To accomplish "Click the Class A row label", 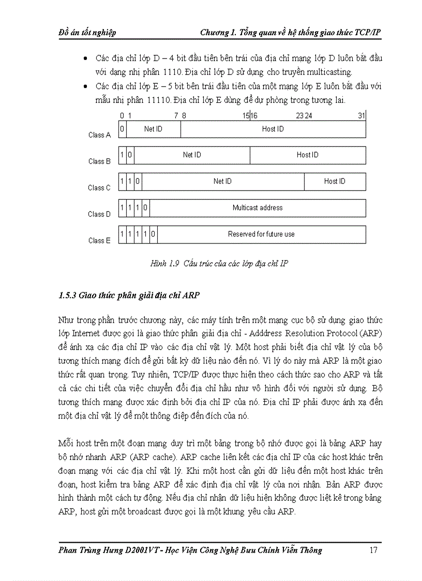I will pos(99,135).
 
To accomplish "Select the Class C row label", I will pos(99,188).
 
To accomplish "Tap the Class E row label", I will pos(99,241).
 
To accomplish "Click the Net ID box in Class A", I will pos(153,129).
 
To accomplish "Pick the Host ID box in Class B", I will pos(308,155).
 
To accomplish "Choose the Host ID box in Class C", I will pos(335,182).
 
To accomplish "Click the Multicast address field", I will pos(258,208).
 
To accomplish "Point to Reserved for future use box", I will pos(261,234).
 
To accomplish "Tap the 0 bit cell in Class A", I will pos(122,129).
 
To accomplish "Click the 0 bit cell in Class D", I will pos(146,208).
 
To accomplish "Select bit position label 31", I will pos(361,116).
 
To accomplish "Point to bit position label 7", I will pos(176,116).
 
